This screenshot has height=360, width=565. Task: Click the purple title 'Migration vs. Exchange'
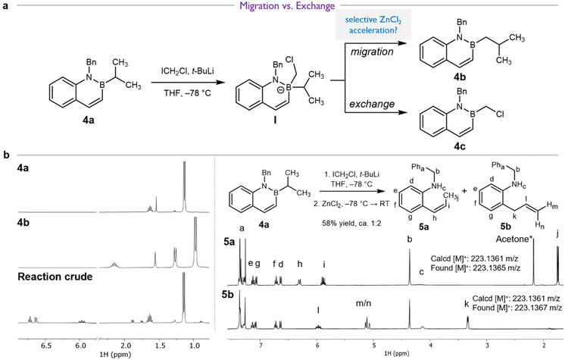(287, 6)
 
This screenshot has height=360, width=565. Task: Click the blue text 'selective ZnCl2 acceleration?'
(373, 25)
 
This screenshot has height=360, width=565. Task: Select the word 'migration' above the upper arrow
(372, 52)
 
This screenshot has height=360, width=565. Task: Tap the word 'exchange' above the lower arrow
(372, 105)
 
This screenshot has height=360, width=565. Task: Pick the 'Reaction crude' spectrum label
(55, 277)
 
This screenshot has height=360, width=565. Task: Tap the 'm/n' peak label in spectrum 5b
(364, 303)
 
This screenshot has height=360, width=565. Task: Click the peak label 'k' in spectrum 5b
(467, 304)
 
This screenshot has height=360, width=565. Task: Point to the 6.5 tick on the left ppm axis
(46, 345)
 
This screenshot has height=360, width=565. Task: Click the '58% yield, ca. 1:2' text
(351, 224)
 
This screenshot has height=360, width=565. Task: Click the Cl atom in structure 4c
(500, 114)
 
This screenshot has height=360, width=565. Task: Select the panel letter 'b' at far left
(6, 155)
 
